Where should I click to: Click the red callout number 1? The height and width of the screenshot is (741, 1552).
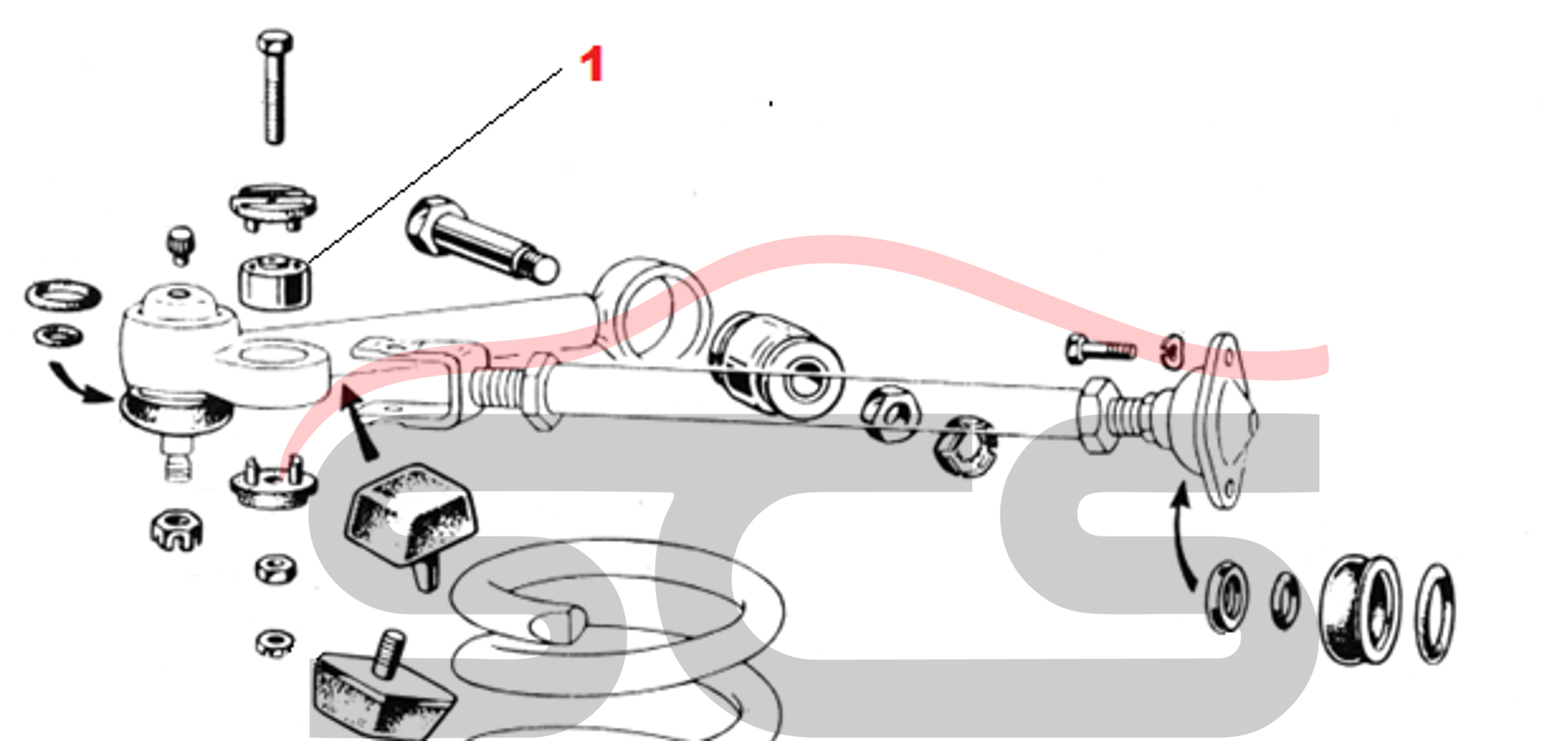click(592, 64)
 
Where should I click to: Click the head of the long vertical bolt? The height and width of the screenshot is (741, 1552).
click(275, 41)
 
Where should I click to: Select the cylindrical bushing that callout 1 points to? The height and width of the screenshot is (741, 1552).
click(275, 281)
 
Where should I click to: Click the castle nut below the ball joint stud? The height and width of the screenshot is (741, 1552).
click(176, 530)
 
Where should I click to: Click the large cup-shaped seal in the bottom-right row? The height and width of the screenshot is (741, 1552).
click(1360, 611)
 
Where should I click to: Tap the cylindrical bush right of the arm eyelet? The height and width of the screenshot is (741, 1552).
click(777, 364)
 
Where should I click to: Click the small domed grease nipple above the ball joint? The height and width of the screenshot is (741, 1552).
click(180, 244)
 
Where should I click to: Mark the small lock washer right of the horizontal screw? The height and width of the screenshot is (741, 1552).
click(1172, 351)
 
